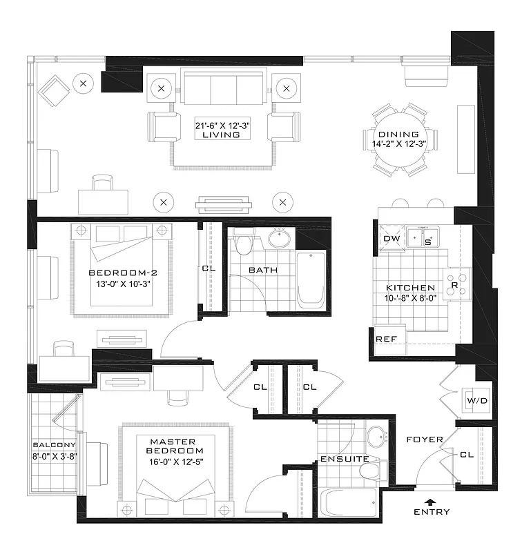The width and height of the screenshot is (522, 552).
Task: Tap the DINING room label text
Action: coord(398,135)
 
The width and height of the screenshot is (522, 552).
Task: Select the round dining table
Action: coord(399,139)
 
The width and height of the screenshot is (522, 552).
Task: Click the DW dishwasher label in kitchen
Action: coord(390,238)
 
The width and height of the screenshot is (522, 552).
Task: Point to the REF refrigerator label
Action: coord(385,339)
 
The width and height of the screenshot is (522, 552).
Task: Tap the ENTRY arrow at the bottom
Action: coord(432,502)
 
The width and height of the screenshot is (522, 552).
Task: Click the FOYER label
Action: coord(419,440)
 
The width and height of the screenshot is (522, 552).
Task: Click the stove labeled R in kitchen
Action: coord(455,284)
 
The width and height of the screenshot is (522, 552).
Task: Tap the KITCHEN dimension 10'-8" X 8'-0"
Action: coord(410,298)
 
